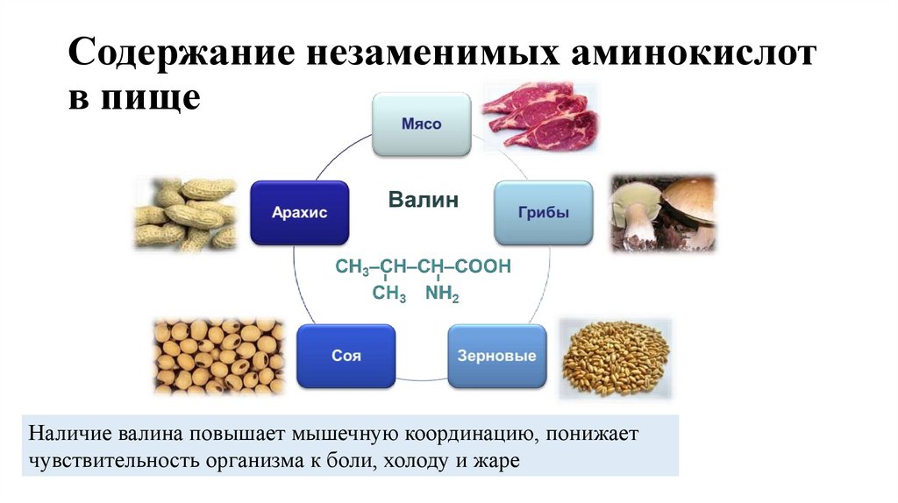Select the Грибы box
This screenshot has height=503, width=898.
[543, 213]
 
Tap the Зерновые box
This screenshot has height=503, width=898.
[496, 357]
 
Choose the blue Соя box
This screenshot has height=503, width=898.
[346, 357]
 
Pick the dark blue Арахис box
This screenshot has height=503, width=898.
[299, 213]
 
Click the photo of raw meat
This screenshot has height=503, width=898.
[540, 117]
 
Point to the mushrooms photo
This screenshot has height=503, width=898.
[663, 212]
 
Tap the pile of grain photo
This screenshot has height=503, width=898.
[615, 358]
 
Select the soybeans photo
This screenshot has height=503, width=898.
[218, 355]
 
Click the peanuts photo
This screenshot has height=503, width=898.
[186, 213]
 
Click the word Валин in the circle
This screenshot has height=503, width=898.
[424, 201]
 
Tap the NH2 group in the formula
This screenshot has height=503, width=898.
[442, 295]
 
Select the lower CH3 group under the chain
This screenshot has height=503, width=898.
[388, 295]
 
